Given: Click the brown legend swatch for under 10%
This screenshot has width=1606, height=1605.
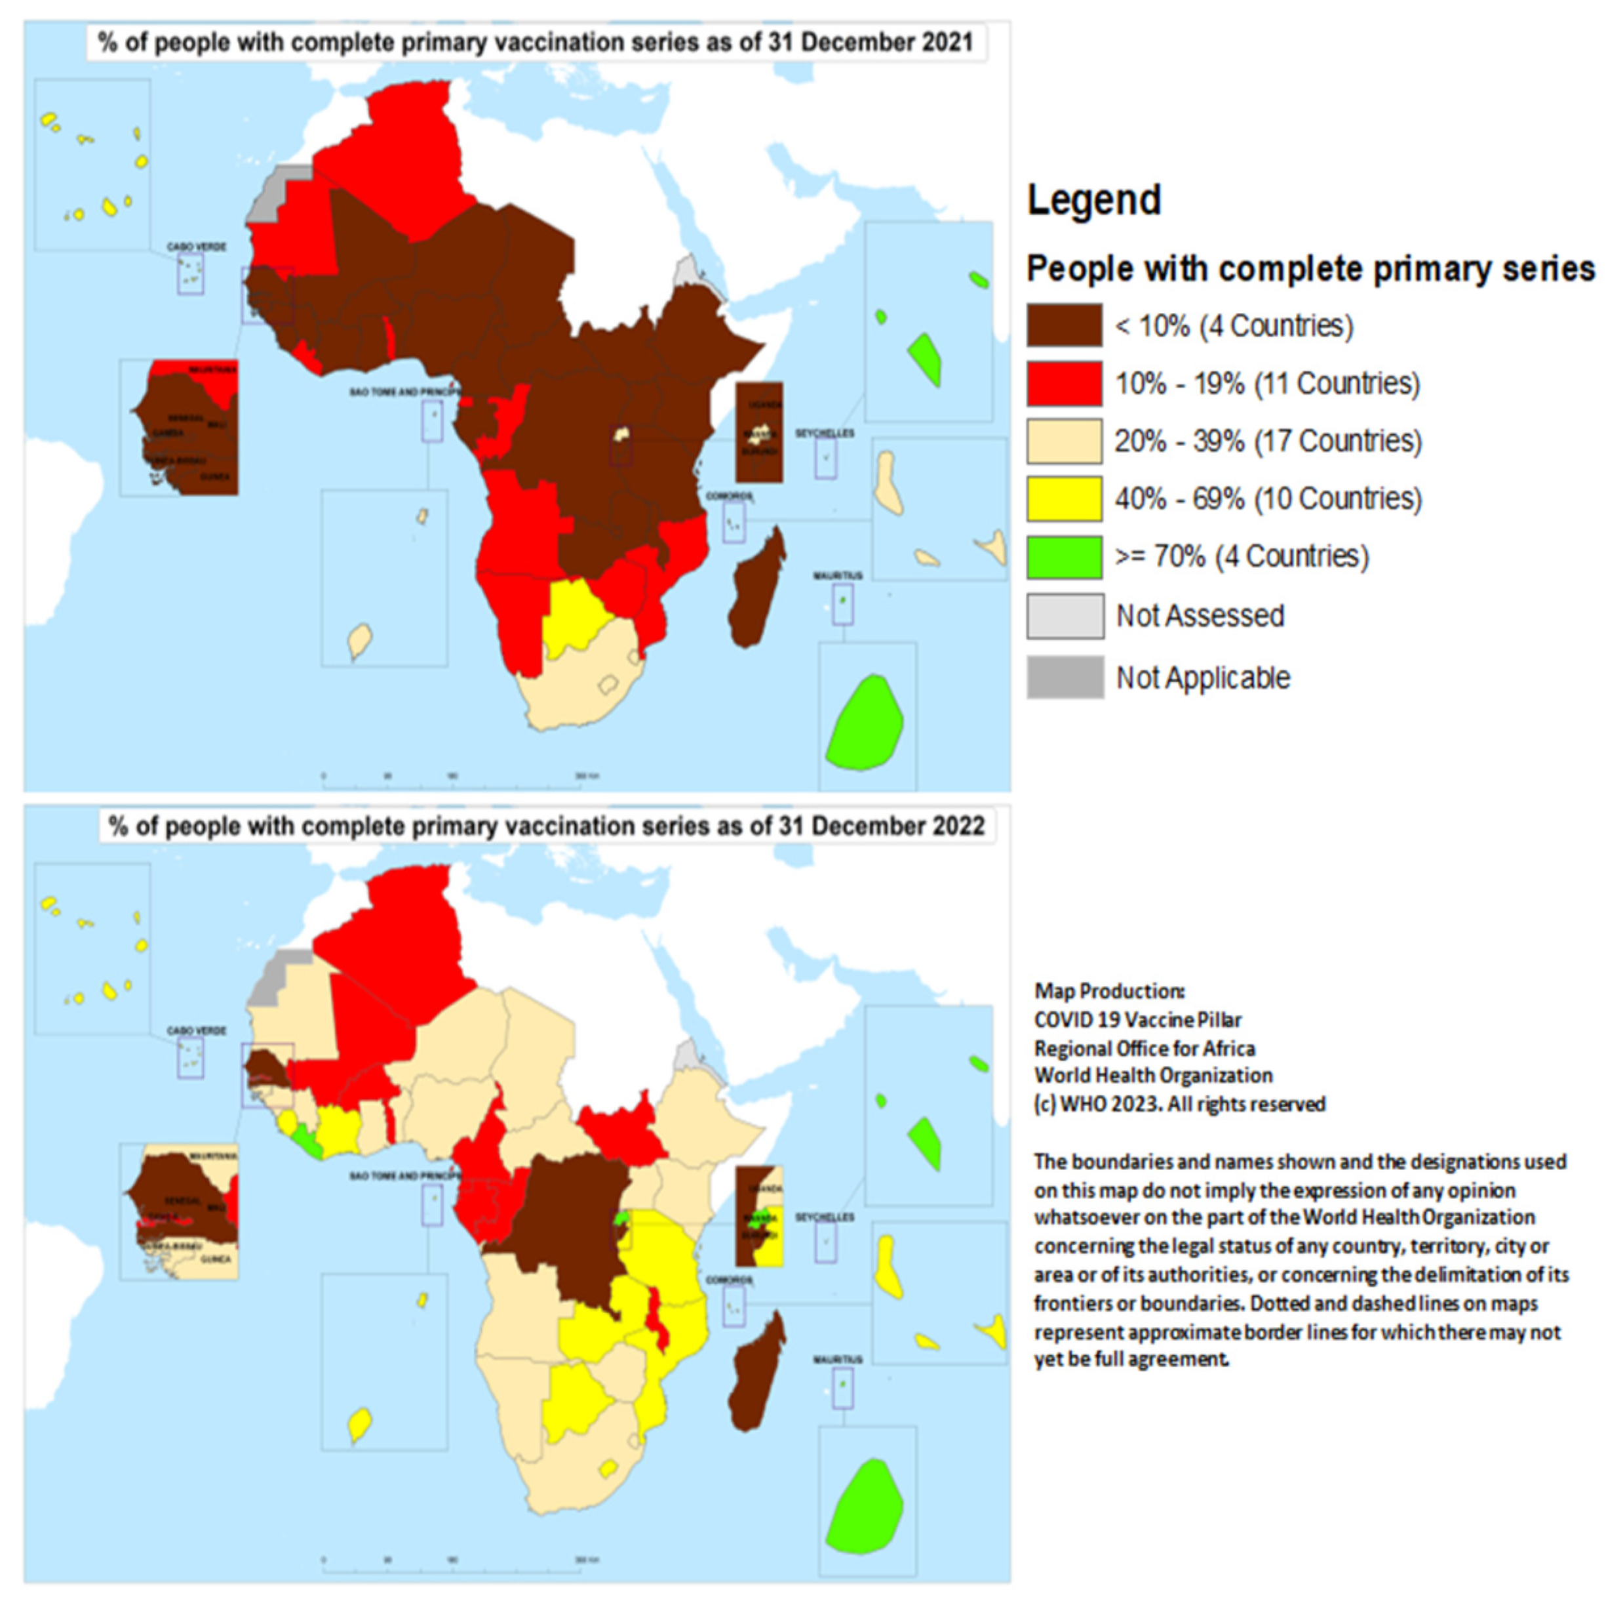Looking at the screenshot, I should [x=1064, y=325].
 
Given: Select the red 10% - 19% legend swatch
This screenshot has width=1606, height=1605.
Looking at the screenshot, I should [x=1064, y=383].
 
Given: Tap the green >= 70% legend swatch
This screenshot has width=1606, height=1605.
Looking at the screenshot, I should [x=1064, y=556].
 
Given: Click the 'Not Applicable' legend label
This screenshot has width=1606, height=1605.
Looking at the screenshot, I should [x=1202, y=678].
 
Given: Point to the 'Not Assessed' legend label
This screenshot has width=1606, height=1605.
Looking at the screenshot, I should [x=1200, y=616].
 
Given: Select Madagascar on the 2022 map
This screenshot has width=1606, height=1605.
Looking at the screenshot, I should [x=756, y=1376].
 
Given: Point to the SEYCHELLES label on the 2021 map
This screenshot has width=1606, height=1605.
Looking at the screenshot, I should [x=824, y=434].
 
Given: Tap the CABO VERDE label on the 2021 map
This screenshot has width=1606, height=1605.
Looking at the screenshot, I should [x=196, y=247].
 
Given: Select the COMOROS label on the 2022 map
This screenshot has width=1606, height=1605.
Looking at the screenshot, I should [x=729, y=1280].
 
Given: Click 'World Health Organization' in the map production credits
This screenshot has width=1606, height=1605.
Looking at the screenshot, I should [x=1152, y=1075].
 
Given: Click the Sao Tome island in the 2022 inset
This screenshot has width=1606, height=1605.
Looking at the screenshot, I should [x=359, y=1425].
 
